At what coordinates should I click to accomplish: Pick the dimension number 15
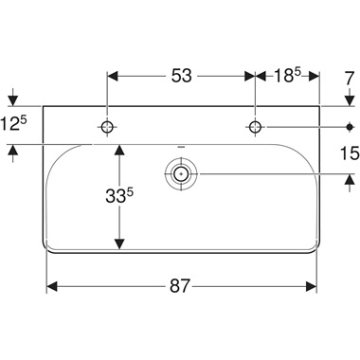click(348, 151)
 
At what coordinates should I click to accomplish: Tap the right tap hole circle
click(255, 126)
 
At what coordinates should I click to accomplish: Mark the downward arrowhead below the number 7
click(348, 100)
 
